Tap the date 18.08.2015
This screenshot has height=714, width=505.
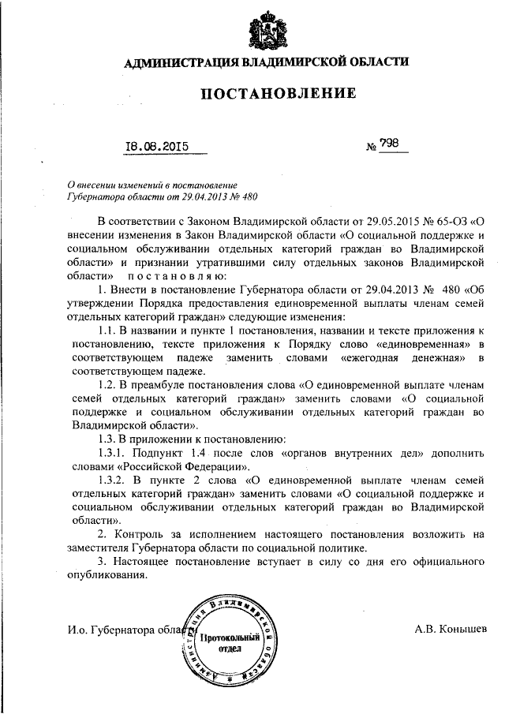coord(158,145)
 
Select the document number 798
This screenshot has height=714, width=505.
coord(389,144)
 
